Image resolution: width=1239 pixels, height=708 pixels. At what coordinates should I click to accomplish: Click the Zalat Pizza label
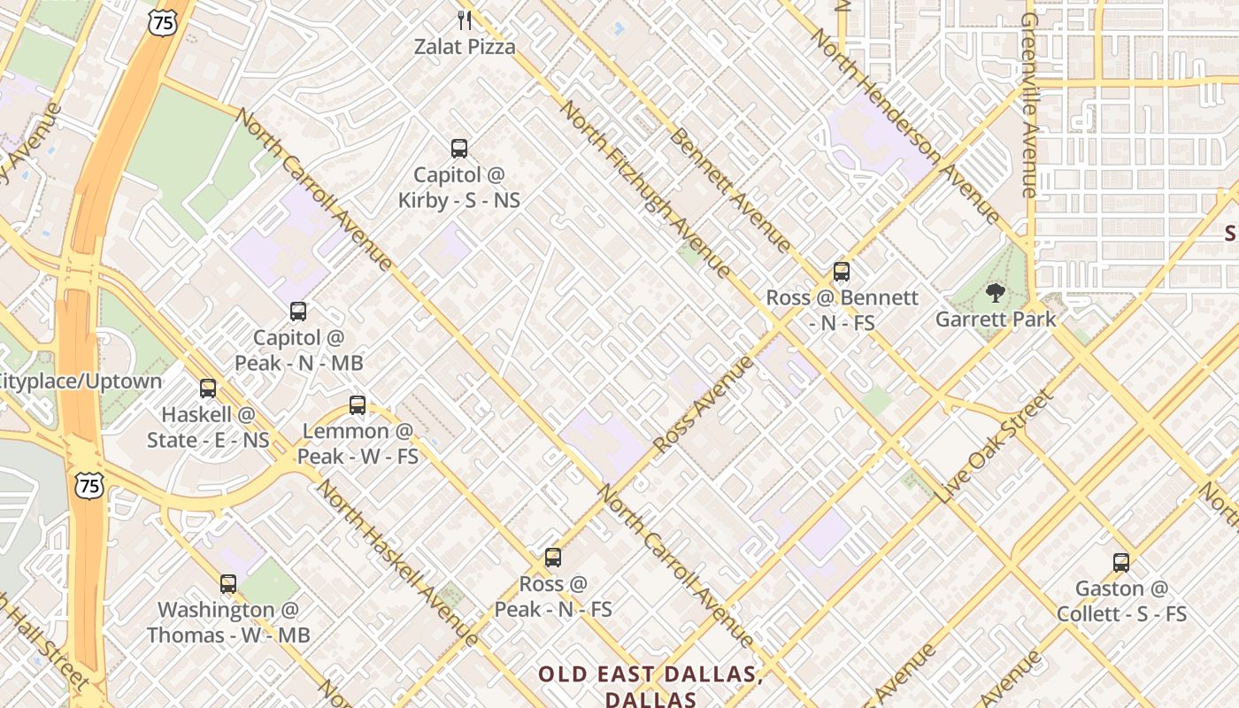pyautogui.click(x=465, y=46)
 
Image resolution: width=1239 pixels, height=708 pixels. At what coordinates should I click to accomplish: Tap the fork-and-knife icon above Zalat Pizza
pyautogui.click(x=465, y=19)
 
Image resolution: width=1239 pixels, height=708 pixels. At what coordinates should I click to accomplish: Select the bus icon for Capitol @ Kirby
pyautogui.click(x=458, y=148)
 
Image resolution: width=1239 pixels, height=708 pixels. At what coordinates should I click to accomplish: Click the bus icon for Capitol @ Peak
pyautogui.click(x=298, y=312)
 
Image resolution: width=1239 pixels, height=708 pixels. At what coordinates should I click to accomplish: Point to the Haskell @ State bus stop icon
pyautogui.click(x=208, y=389)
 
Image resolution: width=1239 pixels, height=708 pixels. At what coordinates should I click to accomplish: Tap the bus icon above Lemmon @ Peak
pyautogui.click(x=358, y=405)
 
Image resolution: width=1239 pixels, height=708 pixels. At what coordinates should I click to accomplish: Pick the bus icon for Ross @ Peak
pyautogui.click(x=553, y=558)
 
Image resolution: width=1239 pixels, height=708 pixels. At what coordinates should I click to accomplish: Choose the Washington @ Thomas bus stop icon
pyautogui.click(x=228, y=584)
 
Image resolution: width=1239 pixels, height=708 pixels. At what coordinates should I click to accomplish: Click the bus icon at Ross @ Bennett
pyautogui.click(x=842, y=272)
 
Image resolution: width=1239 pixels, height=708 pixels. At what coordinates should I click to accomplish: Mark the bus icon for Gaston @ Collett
pyautogui.click(x=1121, y=562)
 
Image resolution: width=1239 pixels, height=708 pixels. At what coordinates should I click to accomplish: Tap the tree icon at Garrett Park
pyautogui.click(x=996, y=293)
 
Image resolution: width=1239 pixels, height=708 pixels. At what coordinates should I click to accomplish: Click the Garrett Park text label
pyautogui.click(x=996, y=319)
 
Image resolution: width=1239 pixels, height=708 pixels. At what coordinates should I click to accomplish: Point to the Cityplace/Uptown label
pyautogui.click(x=81, y=381)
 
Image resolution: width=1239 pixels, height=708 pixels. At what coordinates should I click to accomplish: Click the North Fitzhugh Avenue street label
pyautogui.click(x=646, y=189)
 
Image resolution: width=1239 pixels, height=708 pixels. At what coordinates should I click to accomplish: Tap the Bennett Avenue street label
pyautogui.click(x=730, y=189)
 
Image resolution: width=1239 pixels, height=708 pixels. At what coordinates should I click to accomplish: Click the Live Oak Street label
pyautogui.click(x=997, y=446)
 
